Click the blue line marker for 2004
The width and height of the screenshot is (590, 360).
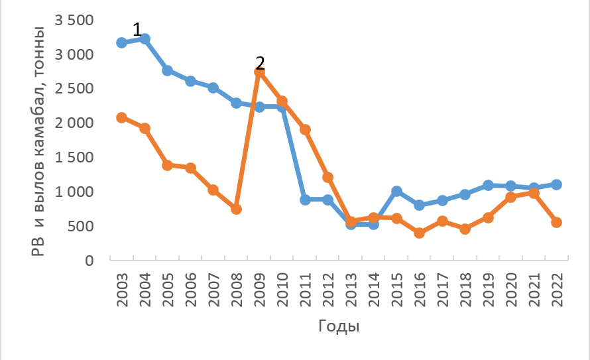click(x=145, y=38)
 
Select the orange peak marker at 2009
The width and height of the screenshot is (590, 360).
click(x=259, y=72)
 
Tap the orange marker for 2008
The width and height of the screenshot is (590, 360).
click(x=236, y=209)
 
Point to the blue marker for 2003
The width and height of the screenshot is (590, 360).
click(x=121, y=42)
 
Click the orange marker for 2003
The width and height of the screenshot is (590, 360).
click(x=121, y=117)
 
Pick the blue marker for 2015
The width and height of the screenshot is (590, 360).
click(x=396, y=191)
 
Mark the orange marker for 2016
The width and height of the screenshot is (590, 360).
click(x=419, y=233)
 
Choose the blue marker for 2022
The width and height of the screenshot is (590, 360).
click(x=556, y=184)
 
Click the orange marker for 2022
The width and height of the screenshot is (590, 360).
click(x=556, y=222)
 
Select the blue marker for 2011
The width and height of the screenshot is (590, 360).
click(x=305, y=200)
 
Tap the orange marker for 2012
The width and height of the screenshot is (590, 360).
click(x=327, y=177)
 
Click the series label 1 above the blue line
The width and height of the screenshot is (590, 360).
click(x=137, y=29)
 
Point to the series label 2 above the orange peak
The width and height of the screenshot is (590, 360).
click(x=260, y=62)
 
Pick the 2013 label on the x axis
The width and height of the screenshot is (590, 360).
click(x=351, y=289)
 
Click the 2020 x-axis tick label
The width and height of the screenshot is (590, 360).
click(x=512, y=289)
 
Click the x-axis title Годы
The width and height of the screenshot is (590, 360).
click(x=339, y=326)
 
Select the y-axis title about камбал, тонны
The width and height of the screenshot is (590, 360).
click(x=38, y=139)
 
